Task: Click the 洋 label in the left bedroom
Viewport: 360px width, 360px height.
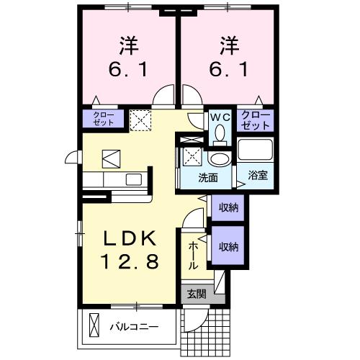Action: (128, 44)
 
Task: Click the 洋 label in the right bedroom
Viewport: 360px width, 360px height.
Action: (229, 44)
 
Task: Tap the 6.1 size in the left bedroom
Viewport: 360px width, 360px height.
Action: (128, 70)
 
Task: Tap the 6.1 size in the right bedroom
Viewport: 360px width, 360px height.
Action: (229, 70)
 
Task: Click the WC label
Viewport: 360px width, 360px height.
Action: (219, 116)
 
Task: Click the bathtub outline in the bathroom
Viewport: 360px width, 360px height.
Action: (256, 150)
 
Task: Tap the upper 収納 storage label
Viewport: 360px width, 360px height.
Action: (228, 207)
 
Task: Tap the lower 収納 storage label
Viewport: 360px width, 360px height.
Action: (228, 246)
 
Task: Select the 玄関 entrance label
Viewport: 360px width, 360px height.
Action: (196, 294)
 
